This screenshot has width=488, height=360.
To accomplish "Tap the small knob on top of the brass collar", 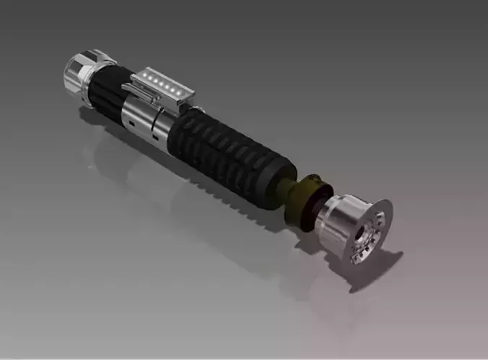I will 312,177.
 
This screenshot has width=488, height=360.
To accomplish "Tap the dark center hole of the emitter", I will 361,237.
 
